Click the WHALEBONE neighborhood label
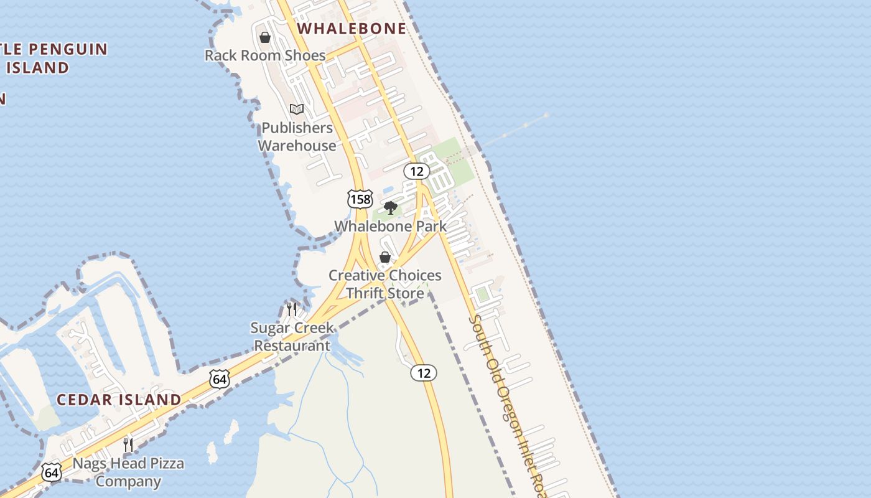point(352,29)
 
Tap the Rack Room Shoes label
point(265,55)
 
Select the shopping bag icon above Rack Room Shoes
point(265,37)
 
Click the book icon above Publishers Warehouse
point(297,110)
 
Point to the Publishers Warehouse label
point(297,136)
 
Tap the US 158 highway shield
point(360,199)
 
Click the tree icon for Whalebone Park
point(391,208)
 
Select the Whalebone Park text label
point(391,226)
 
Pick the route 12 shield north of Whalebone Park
point(416,171)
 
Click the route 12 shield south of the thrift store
point(424,373)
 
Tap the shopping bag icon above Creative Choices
point(385,257)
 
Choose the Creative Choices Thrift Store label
point(385,284)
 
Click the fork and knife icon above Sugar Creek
point(291,309)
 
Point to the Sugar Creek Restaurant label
point(292,337)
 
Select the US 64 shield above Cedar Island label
point(220,379)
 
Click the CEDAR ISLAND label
point(119,400)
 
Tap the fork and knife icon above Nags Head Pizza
point(128,444)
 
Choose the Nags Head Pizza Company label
point(128,472)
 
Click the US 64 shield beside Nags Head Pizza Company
point(52,472)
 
